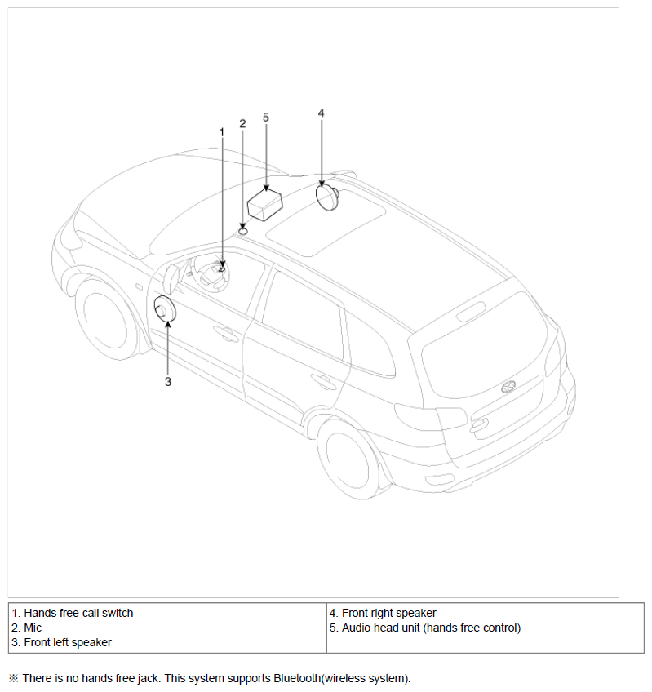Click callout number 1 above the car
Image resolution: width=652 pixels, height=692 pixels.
(222, 132)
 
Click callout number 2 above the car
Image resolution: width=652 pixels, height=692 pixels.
(242, 123)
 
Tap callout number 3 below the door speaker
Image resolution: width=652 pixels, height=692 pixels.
(168, 382)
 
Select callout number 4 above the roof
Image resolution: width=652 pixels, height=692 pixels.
(321, 113)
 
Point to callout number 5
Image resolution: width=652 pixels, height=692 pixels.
(266, 118)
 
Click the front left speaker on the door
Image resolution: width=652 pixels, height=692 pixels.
(165, 308)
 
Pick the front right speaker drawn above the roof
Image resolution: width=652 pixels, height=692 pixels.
(328, 197)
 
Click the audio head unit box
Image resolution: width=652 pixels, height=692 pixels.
(265, 204)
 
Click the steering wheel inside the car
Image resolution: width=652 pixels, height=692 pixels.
(212, 273)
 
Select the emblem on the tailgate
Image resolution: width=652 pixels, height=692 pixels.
(508, 387)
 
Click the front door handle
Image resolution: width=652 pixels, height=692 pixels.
(225, 334)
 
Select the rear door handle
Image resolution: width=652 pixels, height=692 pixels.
(323, 382)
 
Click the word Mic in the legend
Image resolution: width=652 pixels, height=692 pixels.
(33, 628)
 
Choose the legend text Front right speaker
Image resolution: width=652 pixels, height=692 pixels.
(389, 613)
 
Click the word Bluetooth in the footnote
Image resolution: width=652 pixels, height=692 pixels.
(297, 678)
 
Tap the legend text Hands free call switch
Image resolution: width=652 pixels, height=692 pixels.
(78, 613)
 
